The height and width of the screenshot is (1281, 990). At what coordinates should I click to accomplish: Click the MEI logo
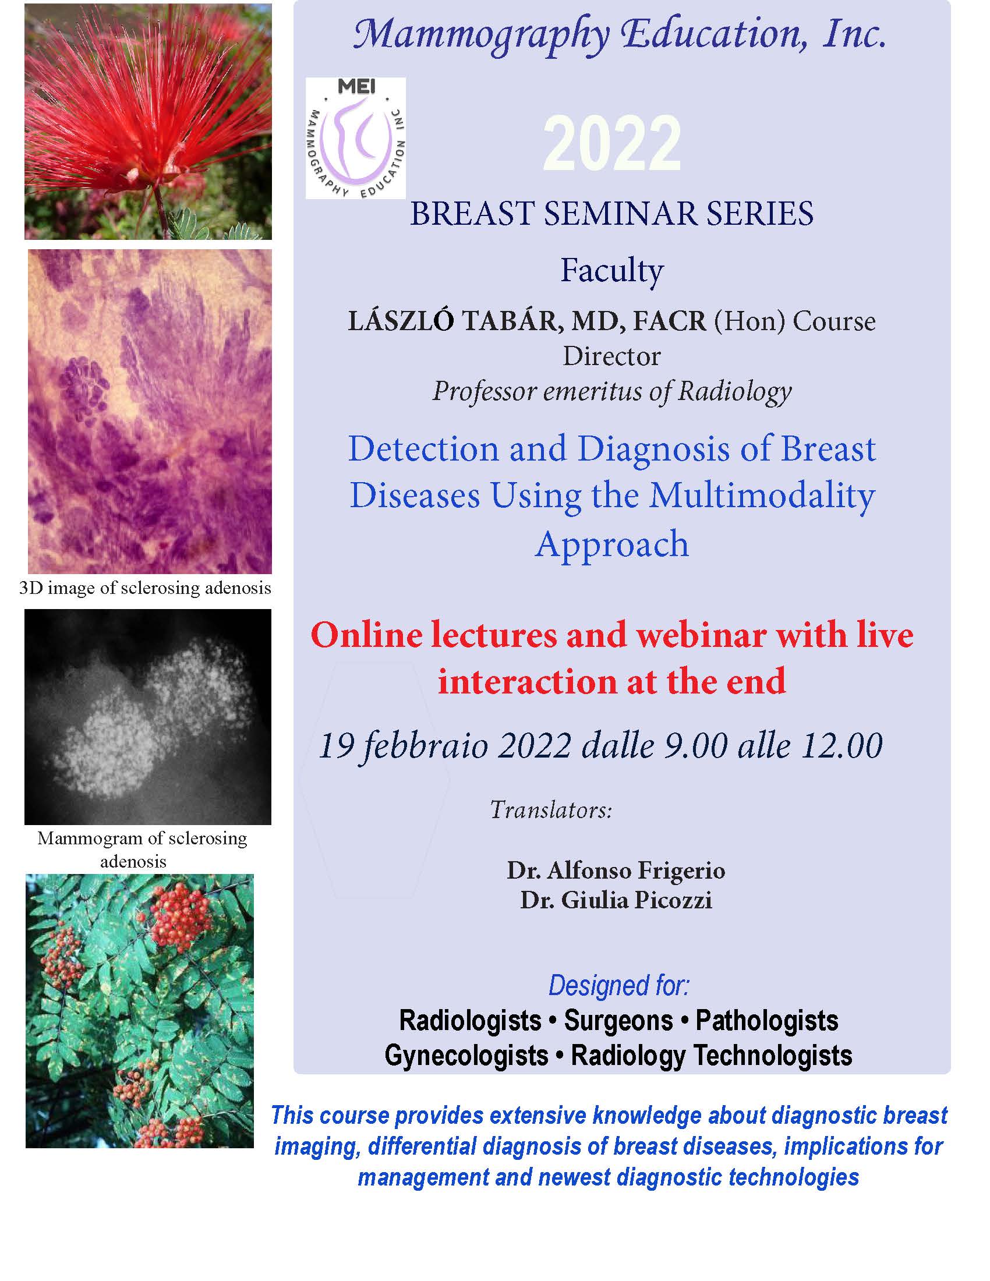pyautogui.click(x=355, y=138)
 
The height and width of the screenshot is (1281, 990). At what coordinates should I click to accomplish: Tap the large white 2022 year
pyautogui.click(x=611, y=143)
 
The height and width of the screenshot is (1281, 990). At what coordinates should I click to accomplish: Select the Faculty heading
pyautogui.click(x=611, y=270)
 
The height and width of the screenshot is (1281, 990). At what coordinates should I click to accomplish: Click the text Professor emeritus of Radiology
pyautogui.click(x=611, y=391)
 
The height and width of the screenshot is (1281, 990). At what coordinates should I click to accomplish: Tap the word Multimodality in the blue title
pyautogui.click(x=762, y=496)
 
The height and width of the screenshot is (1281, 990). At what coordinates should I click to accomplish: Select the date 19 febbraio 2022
pyautogui.click(x=444, y=746)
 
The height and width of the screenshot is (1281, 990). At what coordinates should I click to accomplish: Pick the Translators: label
pyautogui.click(x=551, y=810)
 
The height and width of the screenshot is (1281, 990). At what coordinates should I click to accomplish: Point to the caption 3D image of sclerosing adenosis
pyautogui.click(x=146, y=588)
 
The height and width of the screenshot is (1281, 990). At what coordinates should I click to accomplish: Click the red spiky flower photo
pyautogui.click(x=148, y=122)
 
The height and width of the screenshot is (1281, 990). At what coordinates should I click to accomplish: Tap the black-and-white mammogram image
pyautogui.click(x=148, y=717)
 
